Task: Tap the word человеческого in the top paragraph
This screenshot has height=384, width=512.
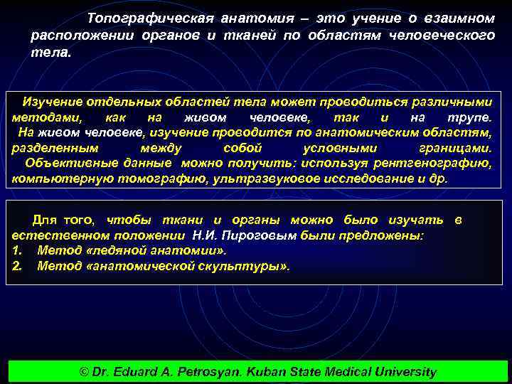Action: [x=451, y=35]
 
